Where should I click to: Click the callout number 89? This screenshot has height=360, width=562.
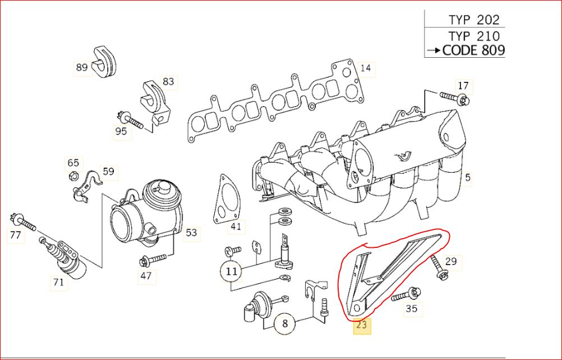(82, 67)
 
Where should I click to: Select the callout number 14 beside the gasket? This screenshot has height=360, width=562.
(366, 68)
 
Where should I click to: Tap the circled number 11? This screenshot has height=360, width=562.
(232, 271)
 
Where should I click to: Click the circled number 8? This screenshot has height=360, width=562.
(284, 324)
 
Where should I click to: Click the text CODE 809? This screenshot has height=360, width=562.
(473, 50)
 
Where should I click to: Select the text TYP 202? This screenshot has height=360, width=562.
(474, 20)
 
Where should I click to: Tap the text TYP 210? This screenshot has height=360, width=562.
(474, 36)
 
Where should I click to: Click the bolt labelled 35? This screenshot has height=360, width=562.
(406, 294)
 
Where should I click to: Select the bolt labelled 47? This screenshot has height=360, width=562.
(154, 260)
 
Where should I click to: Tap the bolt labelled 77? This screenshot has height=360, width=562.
(24, 221)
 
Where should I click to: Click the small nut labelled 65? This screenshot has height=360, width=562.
(73, 176)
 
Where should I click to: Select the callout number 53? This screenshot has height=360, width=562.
(191, 233)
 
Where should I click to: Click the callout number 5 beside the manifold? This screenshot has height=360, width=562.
(468, 177)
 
